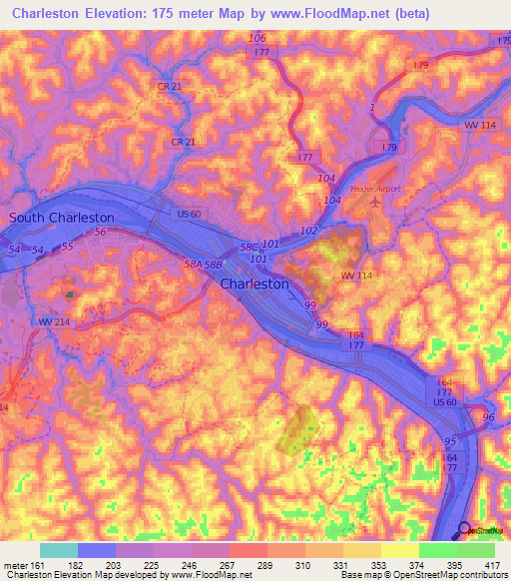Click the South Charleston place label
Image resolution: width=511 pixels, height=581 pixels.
(61, 217)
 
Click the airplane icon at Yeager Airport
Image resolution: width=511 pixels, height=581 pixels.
(374, 203)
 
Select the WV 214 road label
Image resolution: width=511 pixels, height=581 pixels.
(54, 321)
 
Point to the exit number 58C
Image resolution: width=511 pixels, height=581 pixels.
(247, 246)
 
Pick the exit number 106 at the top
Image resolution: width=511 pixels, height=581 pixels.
(257, 38)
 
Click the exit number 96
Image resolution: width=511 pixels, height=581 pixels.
(488, 416)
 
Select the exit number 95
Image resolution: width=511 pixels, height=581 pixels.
(451, 439)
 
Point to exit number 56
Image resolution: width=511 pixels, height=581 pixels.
(100, 232)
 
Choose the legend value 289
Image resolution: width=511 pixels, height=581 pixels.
(264, 564)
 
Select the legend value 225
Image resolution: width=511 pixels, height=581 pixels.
(152, 564)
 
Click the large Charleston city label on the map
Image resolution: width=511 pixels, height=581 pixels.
(254, 284)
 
